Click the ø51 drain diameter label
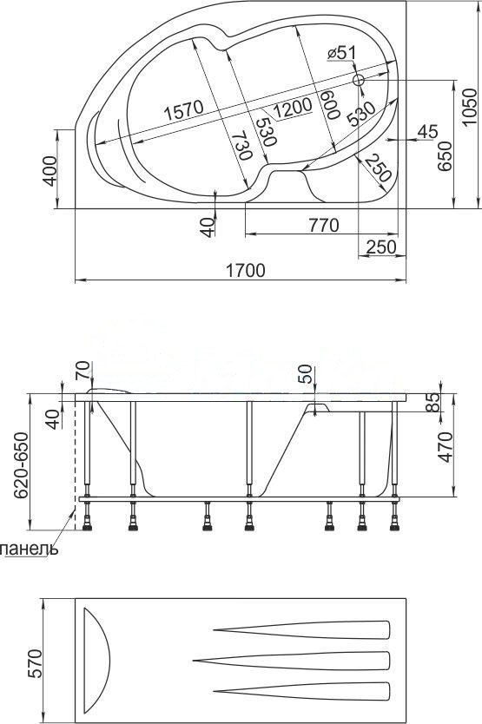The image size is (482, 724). tap(342, 54)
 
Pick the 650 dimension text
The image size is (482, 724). tap(446, 154)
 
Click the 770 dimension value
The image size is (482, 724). tap(322, 226)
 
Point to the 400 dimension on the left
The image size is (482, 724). tap(50, 170)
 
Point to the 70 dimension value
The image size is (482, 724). tap(82, 372)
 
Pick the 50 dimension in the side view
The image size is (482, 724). tap(304, 374)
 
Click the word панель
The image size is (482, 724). tap(30, 550)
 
